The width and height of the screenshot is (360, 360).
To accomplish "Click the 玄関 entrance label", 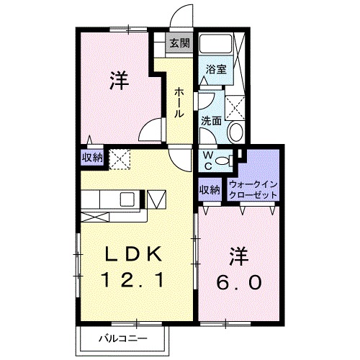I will pyautogui.click(x=179, y=43).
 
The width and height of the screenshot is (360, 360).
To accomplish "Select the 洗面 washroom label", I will pyautogui.click(x=210, y=122).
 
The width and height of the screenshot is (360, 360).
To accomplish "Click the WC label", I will pyautogui.click(x=207, y=159).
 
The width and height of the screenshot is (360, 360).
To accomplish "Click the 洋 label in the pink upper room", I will pyautogui.click(x=120, y=81).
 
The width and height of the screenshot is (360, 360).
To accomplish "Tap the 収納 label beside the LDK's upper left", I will pyautogui.click(x=91, y=157).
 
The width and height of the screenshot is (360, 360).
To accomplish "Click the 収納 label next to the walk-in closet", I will pyautogui.click(x=210, y=190).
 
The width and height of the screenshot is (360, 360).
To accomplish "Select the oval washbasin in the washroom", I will pyautogui.click(x=235, y=132).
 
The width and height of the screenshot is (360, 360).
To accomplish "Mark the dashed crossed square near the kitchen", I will pyautogui.click(x=119, y=156).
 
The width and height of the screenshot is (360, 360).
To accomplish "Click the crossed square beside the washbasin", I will pyautogui.click(x=235, y=107).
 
